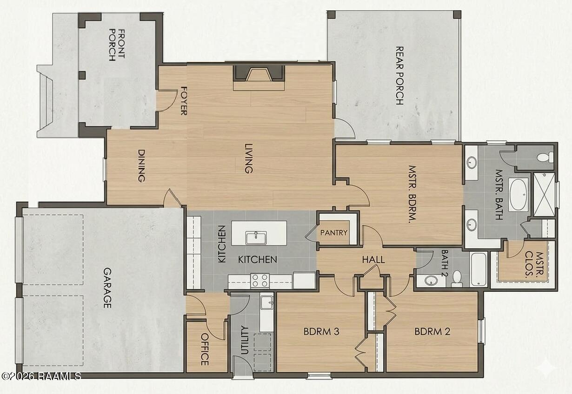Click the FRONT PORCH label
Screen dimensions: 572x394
117,45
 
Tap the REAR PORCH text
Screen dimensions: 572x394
399,76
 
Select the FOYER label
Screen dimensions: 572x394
184,101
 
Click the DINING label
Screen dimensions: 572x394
141,165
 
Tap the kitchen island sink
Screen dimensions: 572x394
256,238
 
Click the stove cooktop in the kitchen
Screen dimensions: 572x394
260,281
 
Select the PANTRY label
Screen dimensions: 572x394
334,233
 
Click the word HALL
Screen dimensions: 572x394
373,260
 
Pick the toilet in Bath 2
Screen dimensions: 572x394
457,279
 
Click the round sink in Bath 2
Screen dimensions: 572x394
431,281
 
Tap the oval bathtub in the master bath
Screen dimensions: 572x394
519,195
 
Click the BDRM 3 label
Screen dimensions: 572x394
321,331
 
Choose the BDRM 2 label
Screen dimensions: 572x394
432,331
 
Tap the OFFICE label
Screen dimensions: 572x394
205,349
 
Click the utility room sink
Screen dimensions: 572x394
267,302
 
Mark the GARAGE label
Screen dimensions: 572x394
107,288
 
